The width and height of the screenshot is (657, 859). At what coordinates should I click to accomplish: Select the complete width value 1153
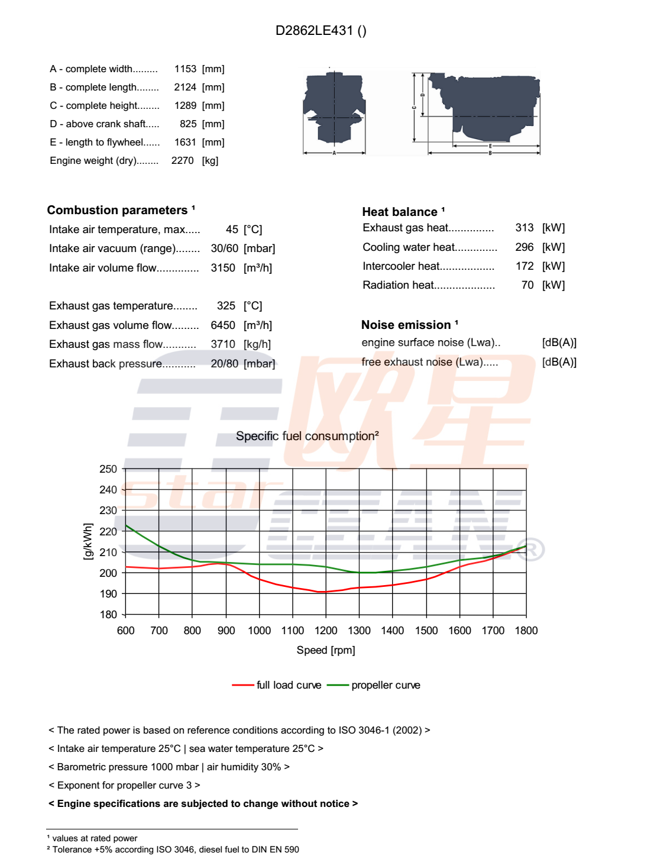[185, 69]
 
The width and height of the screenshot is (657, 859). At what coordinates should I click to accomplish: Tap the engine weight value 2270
[182, 161]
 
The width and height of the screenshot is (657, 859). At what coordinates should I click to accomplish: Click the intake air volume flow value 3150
[223, 268]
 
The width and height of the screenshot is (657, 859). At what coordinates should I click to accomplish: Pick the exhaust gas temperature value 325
[226, 306]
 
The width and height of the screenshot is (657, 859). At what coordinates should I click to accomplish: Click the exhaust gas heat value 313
[524, 228]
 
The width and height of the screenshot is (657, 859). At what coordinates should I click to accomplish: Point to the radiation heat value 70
[527, 285]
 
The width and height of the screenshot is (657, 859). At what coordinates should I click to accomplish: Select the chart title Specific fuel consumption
[307, 436]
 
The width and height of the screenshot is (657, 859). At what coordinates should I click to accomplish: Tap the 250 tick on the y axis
[108, 469]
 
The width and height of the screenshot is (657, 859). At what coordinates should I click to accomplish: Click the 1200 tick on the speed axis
[326, 631]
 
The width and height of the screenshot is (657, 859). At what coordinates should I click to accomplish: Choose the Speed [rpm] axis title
[326, 650]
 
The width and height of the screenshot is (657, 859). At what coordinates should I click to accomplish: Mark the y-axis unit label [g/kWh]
[88, 541]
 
